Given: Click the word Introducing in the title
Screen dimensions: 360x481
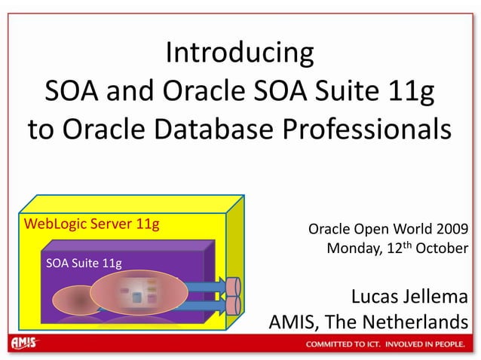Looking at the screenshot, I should [240, 53].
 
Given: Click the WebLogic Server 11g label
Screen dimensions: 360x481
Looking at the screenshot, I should [91, 224].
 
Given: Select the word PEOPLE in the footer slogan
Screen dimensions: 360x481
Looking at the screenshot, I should [452, 345].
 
